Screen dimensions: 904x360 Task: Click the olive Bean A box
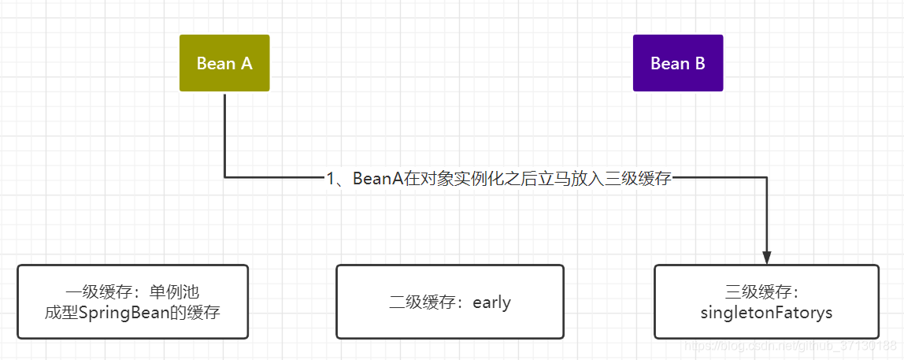pos(224,63)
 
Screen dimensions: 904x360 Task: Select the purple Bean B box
pos(678,63)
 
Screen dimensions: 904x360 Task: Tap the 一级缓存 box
pos(132,302)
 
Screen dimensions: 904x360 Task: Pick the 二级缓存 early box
pos(450,302)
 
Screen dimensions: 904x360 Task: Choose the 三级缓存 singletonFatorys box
pos(766,302)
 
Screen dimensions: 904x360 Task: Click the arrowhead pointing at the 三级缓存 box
pos(767,258)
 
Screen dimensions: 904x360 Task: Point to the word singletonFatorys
pos(766,313)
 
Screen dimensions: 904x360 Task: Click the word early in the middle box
pos(491,302)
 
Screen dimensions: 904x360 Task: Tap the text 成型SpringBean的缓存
pos(132,313)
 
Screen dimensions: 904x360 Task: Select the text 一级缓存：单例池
pos(132,292)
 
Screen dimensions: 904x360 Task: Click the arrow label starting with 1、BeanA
pos(498,178)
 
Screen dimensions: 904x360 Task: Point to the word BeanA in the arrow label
pos(377,178)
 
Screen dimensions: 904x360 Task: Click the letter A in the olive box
pos(246,64)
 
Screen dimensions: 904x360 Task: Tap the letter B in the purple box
pos(699,64)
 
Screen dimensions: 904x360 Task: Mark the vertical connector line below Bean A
pos(224,134)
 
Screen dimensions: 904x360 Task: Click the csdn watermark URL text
pos(790,346)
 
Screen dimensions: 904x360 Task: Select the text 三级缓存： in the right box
pos(766,292)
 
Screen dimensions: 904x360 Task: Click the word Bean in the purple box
pos(668,64)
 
